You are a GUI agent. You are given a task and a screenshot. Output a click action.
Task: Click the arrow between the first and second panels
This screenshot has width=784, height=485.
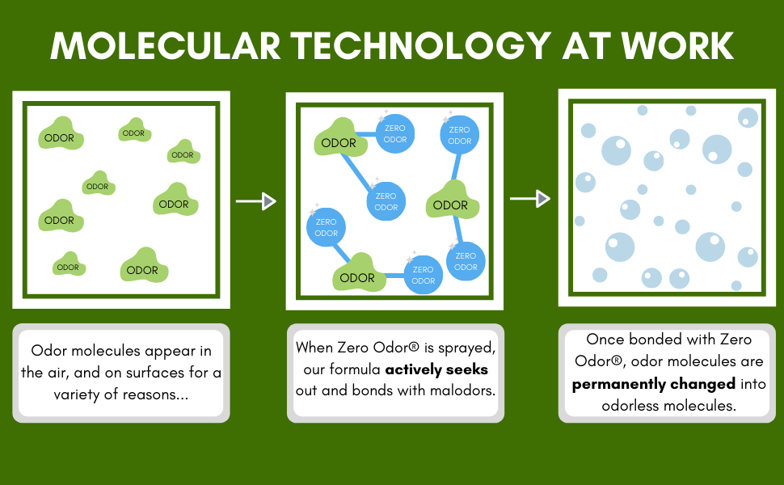pos(256,201)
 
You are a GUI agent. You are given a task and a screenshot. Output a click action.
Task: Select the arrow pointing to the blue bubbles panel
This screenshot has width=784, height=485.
pos(530,198)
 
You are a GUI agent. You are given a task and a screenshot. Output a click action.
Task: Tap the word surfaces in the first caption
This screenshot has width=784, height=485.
pos(142,373)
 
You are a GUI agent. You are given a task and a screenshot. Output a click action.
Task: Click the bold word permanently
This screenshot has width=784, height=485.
pos(621,383)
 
